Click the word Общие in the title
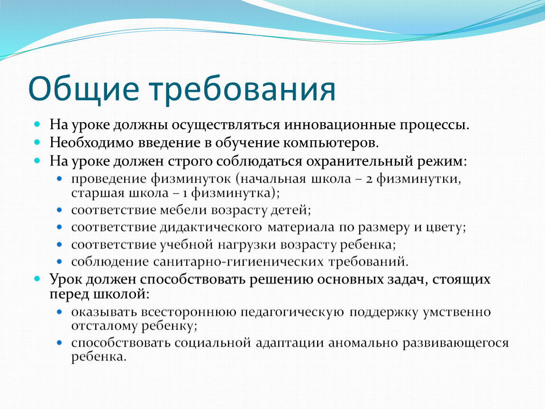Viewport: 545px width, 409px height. click(x=83, y=89)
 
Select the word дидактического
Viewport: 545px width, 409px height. click(x=211, y=227)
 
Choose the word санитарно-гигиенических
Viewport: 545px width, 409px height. click(x=238, y=262)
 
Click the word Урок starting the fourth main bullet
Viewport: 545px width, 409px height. click(x=66, y=279)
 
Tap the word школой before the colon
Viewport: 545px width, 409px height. click(x=119, y=294)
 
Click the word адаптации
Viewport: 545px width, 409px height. click(x=290, y=343)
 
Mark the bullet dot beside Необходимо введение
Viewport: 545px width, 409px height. click(x=37, y=142)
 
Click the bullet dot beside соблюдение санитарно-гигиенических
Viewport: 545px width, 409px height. click(x=59, y=261)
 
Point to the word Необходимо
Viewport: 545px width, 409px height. click(x=91, y=142)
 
